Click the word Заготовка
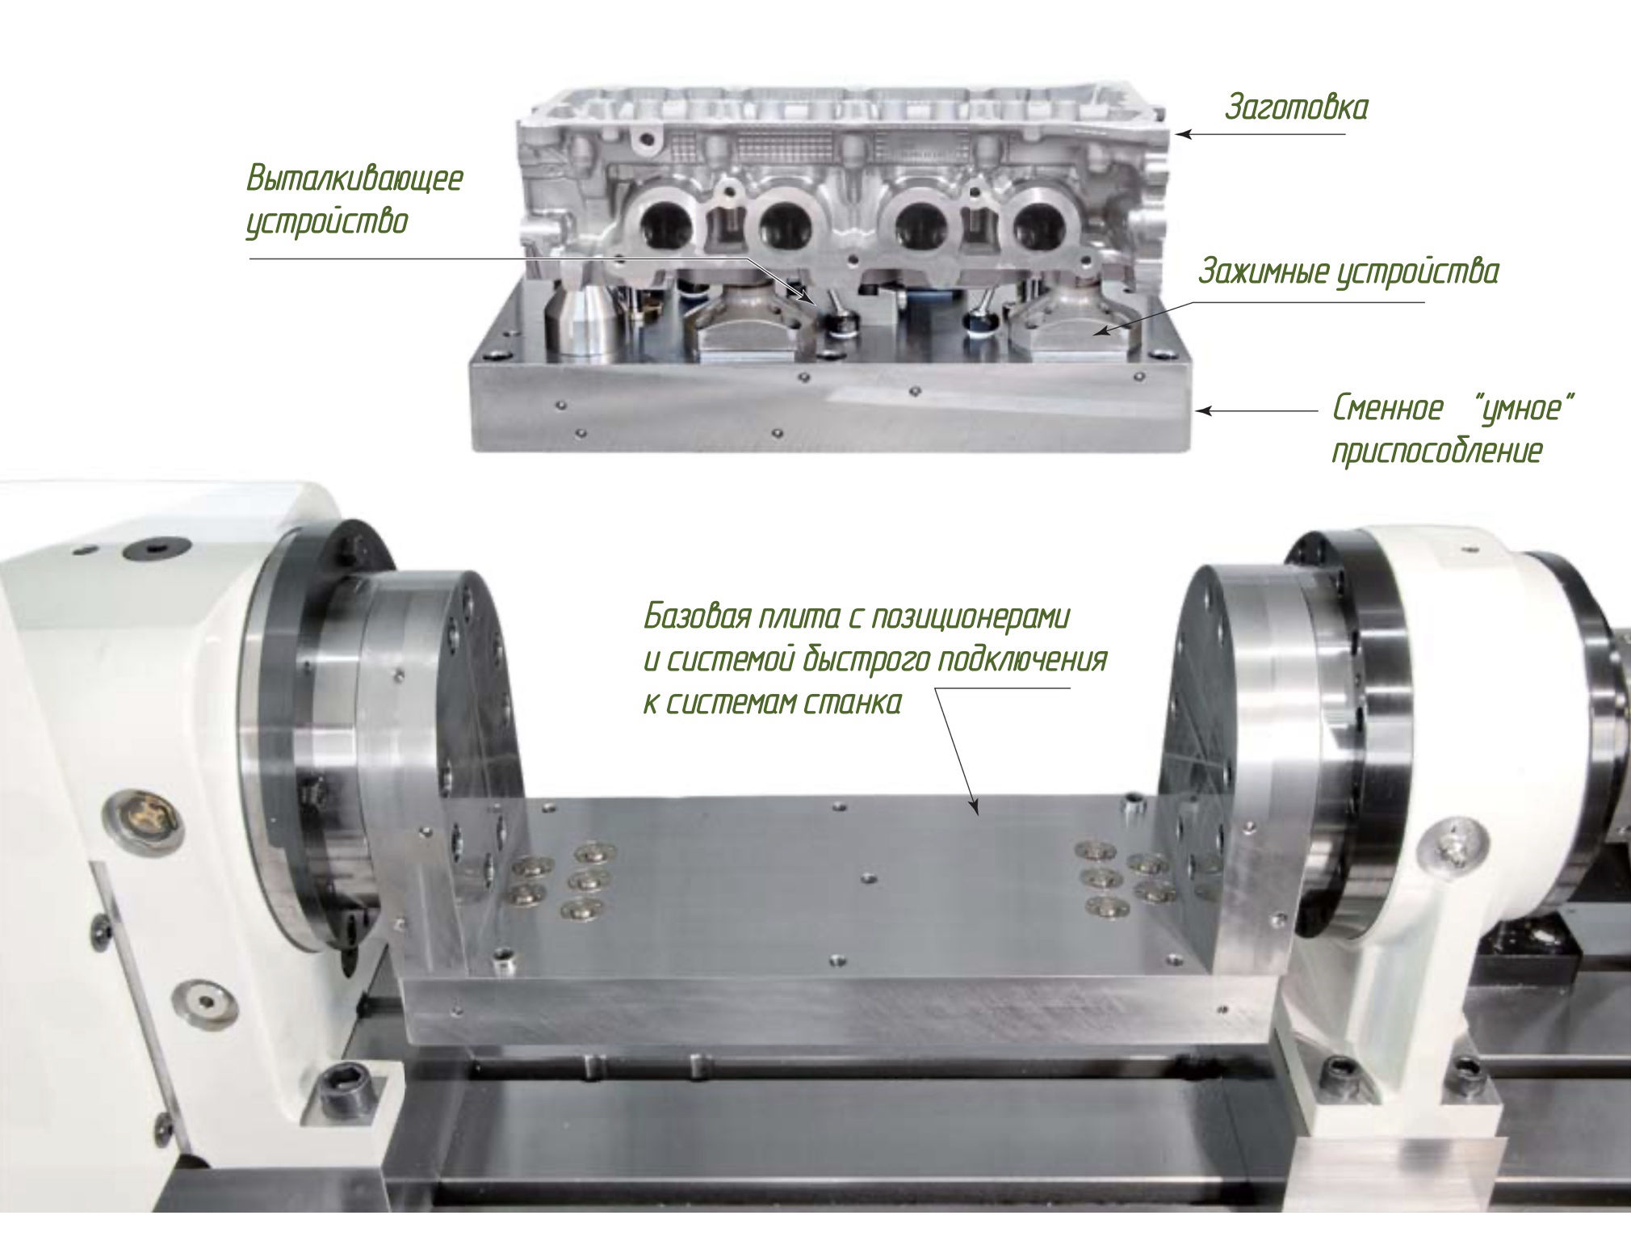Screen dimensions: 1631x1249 tap(1296, 107)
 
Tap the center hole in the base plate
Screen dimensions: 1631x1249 tap(868, 877)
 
